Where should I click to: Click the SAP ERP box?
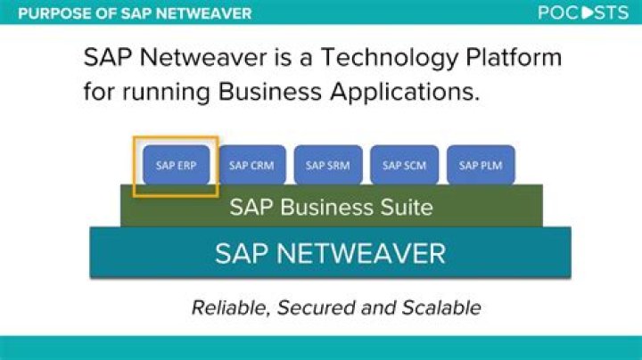pos(176,165)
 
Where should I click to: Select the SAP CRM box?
pos(251,165)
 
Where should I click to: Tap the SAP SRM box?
pos(328,165)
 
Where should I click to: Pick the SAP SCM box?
pos(404,165)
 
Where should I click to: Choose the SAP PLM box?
pos(481,165)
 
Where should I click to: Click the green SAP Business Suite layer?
pos(332,206)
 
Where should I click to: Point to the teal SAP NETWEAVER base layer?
pos(331,253)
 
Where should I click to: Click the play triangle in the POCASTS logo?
pos(588,12)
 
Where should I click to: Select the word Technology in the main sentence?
pos(390,58)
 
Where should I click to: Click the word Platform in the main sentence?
pos(514,56)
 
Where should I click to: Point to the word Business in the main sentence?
pos(270,91)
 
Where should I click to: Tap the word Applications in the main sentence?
pos(405,93)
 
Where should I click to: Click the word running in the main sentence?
pos(166,93)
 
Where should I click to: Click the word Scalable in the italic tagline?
pos(441,307)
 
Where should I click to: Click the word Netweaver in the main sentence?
pos(203,57)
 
